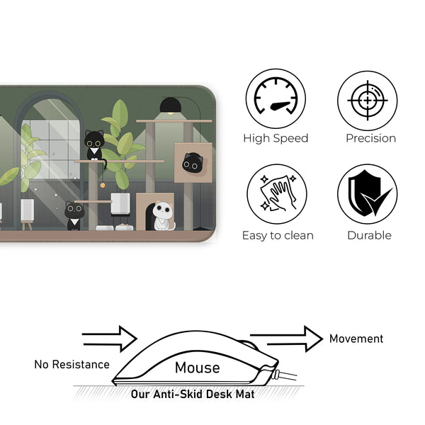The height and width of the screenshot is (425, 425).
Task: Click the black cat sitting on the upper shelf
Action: click(x=94, y=144)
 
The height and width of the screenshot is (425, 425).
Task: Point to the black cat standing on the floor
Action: click(x=74, y=215)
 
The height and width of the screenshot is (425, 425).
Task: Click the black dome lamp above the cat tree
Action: click(x=169, y=106)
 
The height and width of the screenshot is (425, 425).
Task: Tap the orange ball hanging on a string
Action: click(x=103, y=185)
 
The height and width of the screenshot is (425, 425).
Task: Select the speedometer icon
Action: click(x=276, y=98)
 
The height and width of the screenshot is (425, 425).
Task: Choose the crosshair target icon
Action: click(x=368, y=98)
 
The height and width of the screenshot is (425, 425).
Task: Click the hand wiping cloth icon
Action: click(x=276, y=194)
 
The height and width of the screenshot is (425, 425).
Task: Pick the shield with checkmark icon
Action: click(x=368, y=194)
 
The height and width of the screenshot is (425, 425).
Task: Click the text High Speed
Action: click(x=276, y=139)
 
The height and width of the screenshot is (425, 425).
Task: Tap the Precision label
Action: click(x=370, y=139)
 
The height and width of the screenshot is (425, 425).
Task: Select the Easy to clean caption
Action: click(x=278, y=235)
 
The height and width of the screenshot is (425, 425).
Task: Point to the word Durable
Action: click(x=370, y=235)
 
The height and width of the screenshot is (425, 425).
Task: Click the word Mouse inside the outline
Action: click(x=197, y=368)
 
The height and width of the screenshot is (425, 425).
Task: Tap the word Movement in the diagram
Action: click(x=356, y=339)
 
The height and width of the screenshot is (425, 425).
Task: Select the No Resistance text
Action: click(x=72, y=365)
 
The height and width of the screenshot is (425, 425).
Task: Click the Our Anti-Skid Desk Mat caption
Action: click(x=193, y=394)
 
